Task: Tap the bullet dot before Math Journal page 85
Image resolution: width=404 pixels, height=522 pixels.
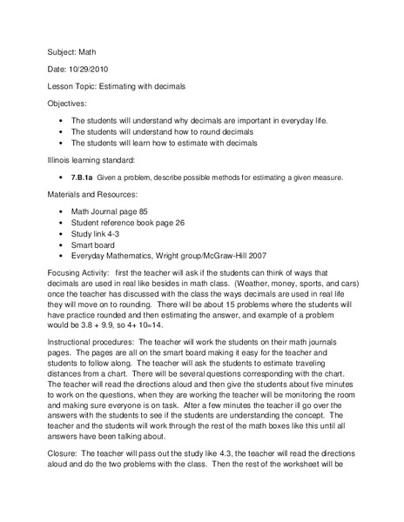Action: pyautogui.click(x=57, y=211)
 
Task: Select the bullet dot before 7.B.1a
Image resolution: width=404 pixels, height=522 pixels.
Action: pyautogui.click(x=57, y=177)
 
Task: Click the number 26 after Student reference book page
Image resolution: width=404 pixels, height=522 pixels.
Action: pyautogui.click(x=185, y=223)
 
